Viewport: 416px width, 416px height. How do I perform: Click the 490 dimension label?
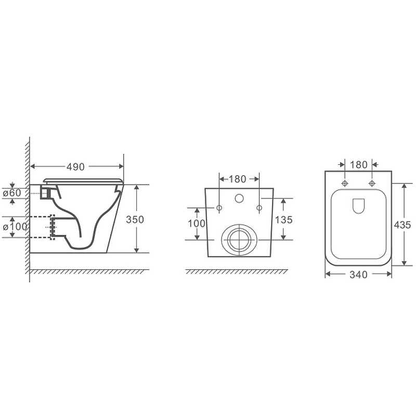tap(75, 167)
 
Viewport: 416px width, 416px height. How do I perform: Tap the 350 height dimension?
tap(135, 219)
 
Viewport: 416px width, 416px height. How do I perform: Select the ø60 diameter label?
tap(11, 193)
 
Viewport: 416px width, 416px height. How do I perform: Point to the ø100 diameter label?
tap(15, 227)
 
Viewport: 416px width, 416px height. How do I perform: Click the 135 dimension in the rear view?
tap(283, 219)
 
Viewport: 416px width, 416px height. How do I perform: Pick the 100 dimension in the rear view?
tap(197, 224)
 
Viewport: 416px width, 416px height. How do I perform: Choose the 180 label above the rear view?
tap(237, 179)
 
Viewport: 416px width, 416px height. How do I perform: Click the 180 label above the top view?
tap(358, 165)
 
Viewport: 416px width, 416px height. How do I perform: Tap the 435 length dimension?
tap(402, 225)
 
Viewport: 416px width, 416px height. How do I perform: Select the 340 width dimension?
tap(358, 275)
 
